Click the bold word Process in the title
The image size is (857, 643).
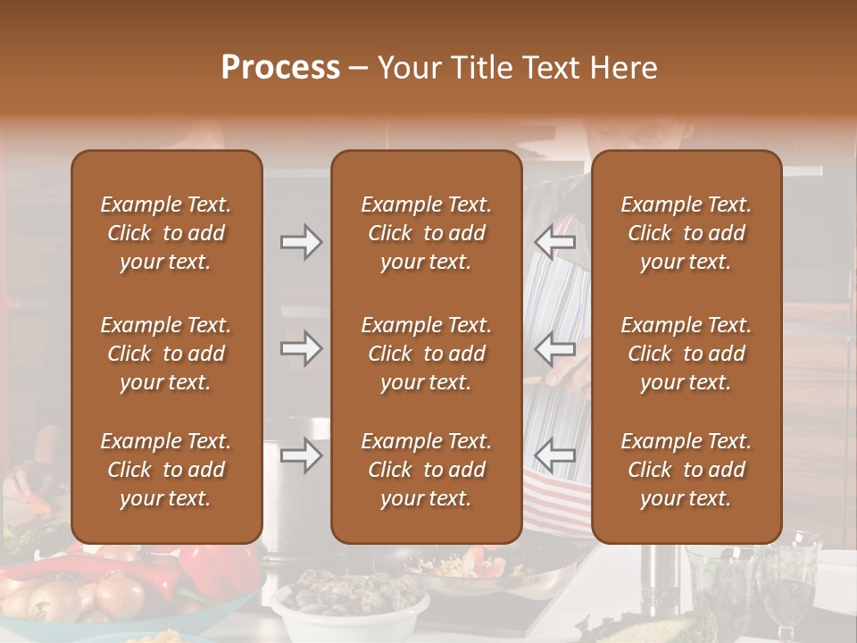(280, 68)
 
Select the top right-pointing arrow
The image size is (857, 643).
(301, 242)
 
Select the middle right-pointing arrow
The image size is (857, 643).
(301, 348)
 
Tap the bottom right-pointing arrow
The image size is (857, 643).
(301, 456)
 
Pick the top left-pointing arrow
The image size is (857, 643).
(554, 242)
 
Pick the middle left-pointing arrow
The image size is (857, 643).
(554, 348)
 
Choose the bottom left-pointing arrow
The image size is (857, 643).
(554, 456)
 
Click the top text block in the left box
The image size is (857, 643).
(166, 233)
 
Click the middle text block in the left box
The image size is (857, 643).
(166, 354)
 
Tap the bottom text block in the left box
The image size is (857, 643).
(166, 470)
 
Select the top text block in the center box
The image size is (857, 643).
(426, 233)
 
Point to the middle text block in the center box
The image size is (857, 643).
(426, 354)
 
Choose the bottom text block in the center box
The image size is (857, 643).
(426, 470)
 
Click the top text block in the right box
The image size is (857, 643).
(686, 233)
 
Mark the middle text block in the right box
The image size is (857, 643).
(686, 354)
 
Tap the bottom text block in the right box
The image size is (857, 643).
(686, 470)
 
